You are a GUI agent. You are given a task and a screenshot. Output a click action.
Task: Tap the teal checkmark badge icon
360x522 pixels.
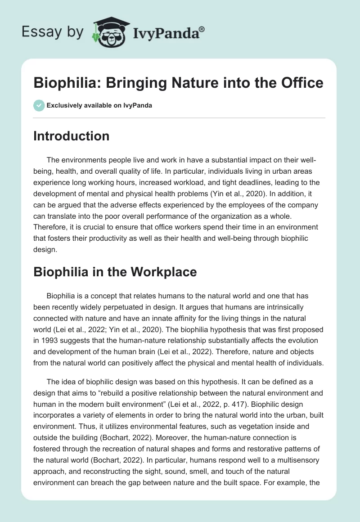tap(39, 105)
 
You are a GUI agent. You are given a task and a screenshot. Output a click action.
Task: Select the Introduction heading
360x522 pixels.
tap(71, 136)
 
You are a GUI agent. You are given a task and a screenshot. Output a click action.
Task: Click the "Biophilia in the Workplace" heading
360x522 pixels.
tap(115, 272)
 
